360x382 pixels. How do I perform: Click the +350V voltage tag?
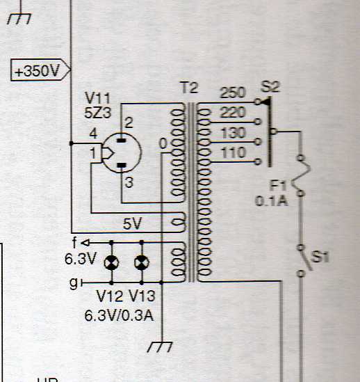40,70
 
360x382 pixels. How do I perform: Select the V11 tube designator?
97,98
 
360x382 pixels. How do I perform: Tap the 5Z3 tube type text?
97,113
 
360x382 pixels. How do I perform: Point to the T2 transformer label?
189,88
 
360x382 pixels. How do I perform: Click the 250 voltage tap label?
233,93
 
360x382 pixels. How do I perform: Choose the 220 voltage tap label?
233,112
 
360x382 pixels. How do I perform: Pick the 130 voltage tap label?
234,133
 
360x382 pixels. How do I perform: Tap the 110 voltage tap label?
234,153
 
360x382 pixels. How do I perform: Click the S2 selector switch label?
270,86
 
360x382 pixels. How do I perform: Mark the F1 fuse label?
278,186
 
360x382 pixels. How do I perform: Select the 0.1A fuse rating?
272,201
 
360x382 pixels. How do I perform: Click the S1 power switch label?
320,257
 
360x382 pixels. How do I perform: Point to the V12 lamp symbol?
111,263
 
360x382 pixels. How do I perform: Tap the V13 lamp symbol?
142,263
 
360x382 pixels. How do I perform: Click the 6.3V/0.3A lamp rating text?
119,316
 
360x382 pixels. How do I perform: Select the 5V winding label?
132,223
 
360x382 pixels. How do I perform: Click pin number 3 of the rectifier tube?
129,182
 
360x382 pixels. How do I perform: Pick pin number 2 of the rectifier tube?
129,122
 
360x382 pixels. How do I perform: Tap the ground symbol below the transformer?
160,347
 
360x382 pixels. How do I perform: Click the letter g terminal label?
74,283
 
